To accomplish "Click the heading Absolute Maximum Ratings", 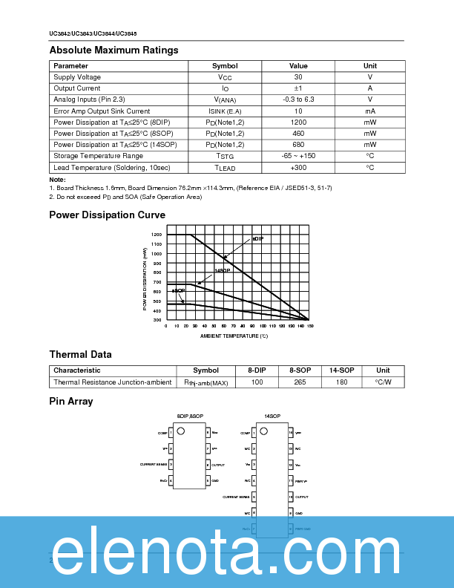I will coord(113,50).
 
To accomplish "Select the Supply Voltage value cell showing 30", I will coord(298,77).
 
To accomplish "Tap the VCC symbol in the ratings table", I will coord(225,77).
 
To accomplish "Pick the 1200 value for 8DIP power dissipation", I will coord(298,122).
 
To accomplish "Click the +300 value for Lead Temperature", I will coord(298,167).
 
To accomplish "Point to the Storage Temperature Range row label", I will coord(98,156).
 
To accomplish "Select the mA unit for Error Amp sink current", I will coord(369,111).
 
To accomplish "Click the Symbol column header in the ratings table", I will coord(225,66).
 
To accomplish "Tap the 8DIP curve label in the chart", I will coord(257,239).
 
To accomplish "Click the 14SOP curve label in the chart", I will coord(223,270).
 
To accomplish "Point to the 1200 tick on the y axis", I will coord(157,235).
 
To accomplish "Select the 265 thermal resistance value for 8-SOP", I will coord(300,382).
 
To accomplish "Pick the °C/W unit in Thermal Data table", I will coord(383,382).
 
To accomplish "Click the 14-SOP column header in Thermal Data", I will coord(341,370).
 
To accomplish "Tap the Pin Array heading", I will coord(71,402).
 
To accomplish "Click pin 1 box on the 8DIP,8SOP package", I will coord(171,432).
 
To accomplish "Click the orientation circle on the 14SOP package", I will coord(262,430).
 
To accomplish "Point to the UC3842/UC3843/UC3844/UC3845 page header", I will coord(93,34).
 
